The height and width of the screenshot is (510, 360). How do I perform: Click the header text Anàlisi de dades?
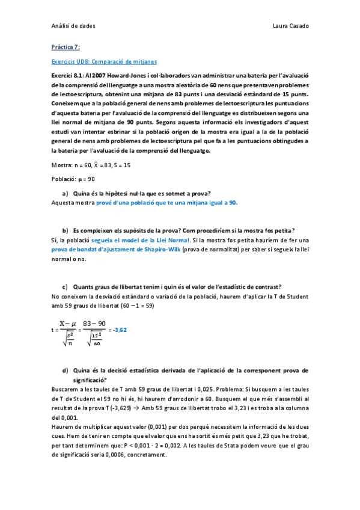pos(73,26)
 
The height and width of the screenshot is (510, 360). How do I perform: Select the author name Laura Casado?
pos(290,26)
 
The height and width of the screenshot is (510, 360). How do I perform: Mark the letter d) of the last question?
pos(65,370)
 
